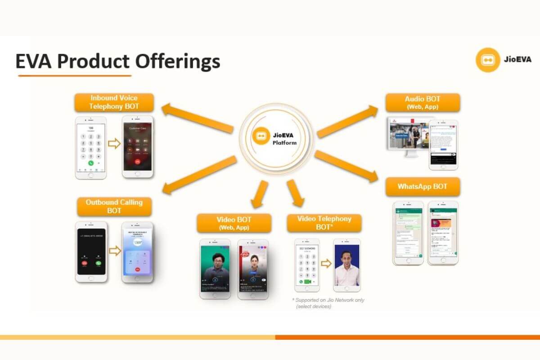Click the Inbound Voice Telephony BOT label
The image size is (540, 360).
114,102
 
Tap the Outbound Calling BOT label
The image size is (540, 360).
114,207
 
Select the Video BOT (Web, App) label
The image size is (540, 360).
234,223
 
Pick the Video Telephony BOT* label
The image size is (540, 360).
324,223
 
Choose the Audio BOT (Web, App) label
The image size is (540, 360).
423,103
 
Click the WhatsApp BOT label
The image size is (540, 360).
423,186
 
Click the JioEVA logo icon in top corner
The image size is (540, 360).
488,60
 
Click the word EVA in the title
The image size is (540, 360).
33,62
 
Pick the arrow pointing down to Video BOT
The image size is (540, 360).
261,194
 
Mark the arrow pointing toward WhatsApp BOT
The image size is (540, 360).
346,166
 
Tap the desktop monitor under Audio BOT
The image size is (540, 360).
406,137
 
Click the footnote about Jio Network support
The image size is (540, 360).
328,303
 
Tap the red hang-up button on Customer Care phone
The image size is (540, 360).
138,161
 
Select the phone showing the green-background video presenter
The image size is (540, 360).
215,269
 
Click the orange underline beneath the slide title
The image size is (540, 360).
75,76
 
